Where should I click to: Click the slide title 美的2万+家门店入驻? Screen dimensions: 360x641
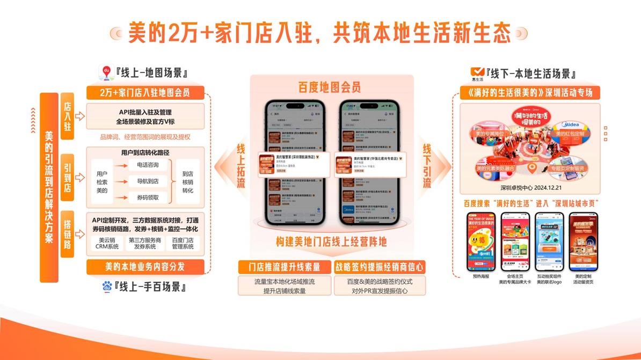319,33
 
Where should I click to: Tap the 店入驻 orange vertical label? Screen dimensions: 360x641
68,116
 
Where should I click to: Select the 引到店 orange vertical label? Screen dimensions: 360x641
68,177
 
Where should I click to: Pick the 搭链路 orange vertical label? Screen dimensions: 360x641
68,234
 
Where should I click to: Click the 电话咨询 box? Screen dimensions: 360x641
148,165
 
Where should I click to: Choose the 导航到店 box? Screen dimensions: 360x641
148,181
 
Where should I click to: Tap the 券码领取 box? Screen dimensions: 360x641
148,197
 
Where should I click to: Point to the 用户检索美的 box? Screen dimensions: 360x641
102,182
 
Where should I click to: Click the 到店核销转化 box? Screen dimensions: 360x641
187,182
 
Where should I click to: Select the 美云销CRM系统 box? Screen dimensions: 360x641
107,244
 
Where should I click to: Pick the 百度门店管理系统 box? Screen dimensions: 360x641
183,244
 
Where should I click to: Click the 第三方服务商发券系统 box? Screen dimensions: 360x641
145,244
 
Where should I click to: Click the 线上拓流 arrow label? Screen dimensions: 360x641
241,166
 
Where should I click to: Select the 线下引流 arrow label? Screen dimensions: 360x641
427,166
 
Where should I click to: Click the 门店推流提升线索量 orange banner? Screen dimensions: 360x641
285,267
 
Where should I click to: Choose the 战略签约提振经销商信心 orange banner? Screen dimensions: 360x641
380,267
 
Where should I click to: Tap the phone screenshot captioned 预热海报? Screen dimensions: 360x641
480,241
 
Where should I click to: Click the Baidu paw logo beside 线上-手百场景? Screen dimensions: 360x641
107,286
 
